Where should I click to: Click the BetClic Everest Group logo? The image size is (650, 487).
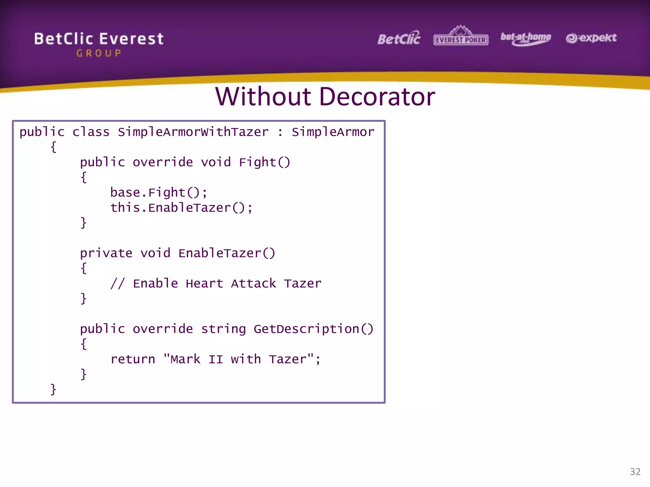pyautogui.click(x=99, y=44)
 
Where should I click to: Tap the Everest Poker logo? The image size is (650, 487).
pyautogui.click(x=461, y=36)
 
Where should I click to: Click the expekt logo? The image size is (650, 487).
pyautogui.click(x=591, y=38)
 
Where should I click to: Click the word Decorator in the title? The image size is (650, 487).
pyautogui.click(x=377, y=97)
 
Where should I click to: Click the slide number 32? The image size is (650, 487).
pyautogui.click(x=635, y=472)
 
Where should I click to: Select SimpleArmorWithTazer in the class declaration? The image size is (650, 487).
pyautogui.click(x=193, y=132)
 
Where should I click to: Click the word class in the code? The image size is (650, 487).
pyautogui.click(x=91, y=132)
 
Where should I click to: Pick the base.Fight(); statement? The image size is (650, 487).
pyautogui.click(x=159, y=192)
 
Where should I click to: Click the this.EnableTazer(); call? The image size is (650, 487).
pyautogui.click(x=181, y=208)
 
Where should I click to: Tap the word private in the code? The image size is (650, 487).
pyautogui.click(x=106, y=253)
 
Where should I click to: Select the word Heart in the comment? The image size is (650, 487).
pyautogui.click(x=204, y=283)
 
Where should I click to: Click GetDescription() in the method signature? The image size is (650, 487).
pyautogui.click(x=313, y=329)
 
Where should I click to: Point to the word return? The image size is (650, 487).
pyautogui.click(x=133, y=359)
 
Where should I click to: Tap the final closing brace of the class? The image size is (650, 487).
pyautogui.click(x=53, y=389)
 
